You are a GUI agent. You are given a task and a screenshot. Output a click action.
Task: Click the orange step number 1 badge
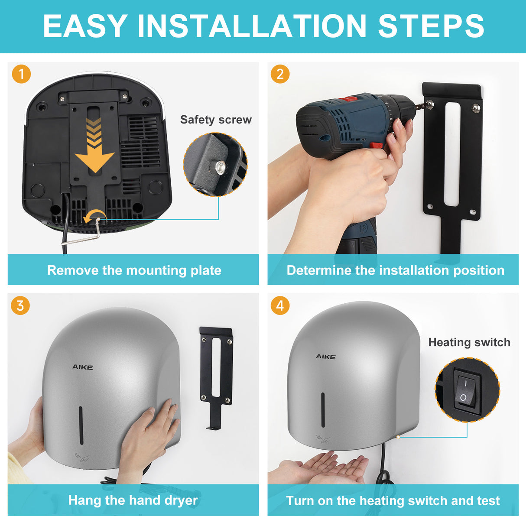tap(21, 74)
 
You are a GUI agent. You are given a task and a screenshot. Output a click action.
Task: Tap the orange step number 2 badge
tap(280, 74)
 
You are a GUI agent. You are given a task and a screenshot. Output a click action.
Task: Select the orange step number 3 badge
tap(20, 305)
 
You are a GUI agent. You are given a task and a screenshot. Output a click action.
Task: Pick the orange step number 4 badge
tap(280, 305)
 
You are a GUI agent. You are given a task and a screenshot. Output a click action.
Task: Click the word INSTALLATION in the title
tap(252, 26)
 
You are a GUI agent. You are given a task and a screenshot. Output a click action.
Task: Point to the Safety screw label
tap(216, 120)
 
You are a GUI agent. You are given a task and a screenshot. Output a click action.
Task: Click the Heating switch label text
tap(469, 342)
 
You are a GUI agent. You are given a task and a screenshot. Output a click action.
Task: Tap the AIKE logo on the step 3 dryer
tap(82, 367)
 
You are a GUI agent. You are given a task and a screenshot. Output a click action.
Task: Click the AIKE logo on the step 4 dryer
tap(326, 357)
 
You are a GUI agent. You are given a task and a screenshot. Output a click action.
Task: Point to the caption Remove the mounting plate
tap(134, 270)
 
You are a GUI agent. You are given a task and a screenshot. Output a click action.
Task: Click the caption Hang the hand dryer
tap(133, 500)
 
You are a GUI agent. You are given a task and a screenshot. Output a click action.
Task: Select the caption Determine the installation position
tap(395, 270)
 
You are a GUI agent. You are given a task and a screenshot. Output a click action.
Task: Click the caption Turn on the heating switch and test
tap(393, 501)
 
